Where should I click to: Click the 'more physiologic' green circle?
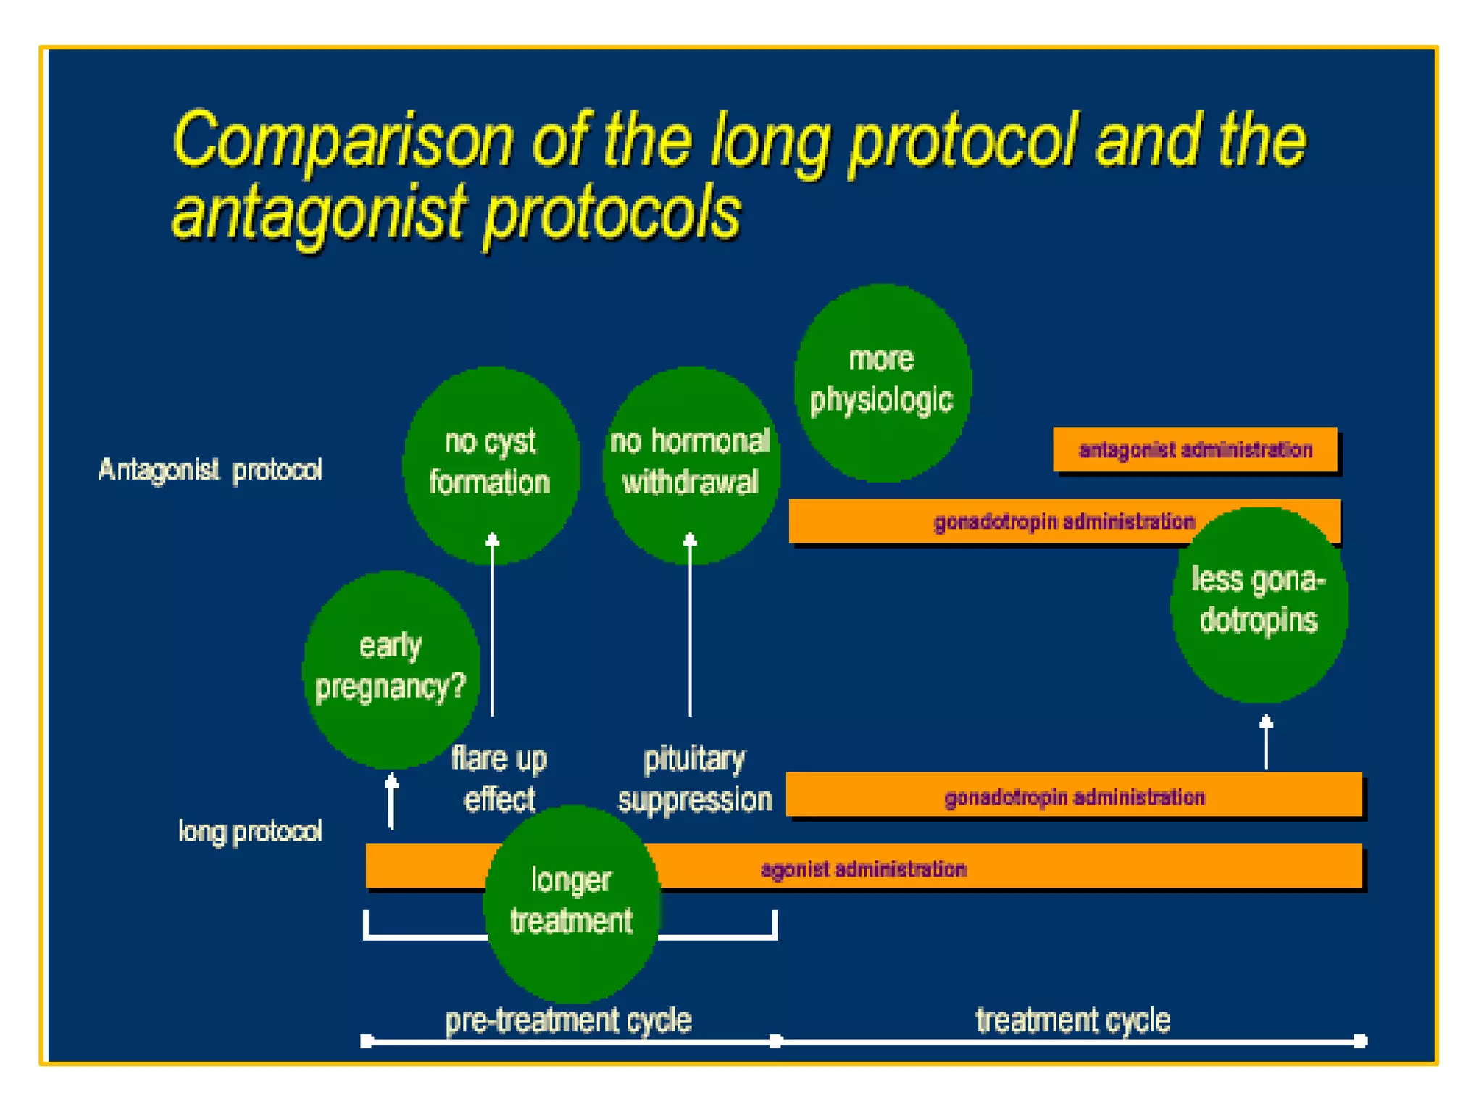click(x=882, y=382)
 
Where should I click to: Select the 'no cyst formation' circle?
click(x=491, y=464)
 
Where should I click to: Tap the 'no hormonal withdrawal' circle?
click(x=690, y=464)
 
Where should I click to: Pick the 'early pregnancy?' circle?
click(x=391, y=668)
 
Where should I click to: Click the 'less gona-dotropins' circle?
click(x=1259, y=604)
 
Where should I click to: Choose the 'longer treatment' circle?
click(x=571, y=903)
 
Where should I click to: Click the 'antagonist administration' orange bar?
click(x=1195, y=450)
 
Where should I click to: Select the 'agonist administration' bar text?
click(x=863, y=869)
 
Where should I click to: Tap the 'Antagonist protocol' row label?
click(x=210, y=470)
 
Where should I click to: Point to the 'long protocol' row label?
click(x=250, y=831)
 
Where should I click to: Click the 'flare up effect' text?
click(x=499, y=779)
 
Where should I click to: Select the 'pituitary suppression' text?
click(x=694, y=779)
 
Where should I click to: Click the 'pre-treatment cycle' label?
click(x=569, y=1020)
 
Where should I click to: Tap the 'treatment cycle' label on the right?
click(x=1073, y=1020)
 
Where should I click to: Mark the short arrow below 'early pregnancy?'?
click(x=392, y=801)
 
